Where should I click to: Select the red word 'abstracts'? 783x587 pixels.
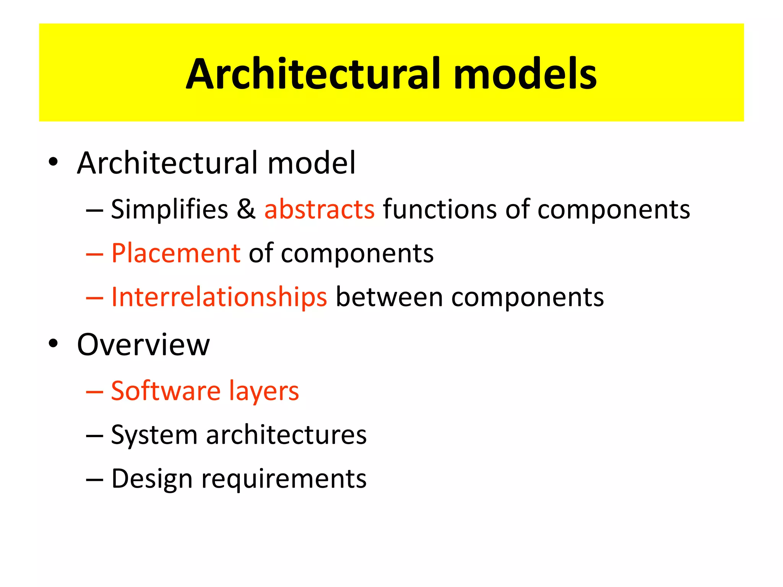tap(319, 209)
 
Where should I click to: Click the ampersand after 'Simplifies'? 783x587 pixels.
tap(246, 209)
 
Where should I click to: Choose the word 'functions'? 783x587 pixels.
tap(440, 209)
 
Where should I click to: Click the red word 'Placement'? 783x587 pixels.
tap(175, 253)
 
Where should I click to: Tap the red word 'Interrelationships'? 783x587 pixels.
tap(219, 297)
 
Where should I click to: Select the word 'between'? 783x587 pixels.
tap(389, 297)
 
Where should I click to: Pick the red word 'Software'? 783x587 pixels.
tap(166, 391)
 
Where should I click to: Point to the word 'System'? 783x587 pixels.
tap(154, 435)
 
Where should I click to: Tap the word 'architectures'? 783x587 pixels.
tap(286, 435)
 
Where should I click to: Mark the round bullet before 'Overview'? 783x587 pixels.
tap(53, 343)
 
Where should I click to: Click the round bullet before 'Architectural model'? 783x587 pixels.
tap(53, 162)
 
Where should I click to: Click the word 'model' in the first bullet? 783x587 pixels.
tap(311, 163)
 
